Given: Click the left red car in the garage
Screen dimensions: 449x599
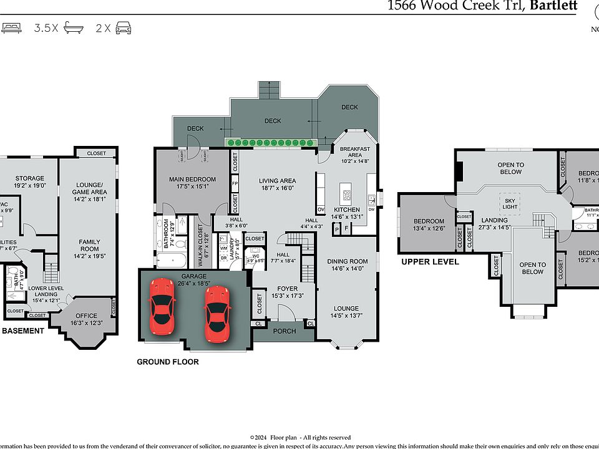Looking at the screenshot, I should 162,305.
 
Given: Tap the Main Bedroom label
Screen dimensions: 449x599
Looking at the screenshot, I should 192,180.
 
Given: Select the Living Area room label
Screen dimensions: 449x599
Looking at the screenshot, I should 277,181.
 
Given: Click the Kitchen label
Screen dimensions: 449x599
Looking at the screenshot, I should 347,210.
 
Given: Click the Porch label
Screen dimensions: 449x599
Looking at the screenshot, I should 285,331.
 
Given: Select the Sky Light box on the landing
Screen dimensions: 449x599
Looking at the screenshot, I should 510,203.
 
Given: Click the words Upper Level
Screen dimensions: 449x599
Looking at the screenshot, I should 430,262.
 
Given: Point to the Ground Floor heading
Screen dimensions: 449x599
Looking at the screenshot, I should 168,362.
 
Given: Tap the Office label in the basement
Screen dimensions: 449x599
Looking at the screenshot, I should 87,316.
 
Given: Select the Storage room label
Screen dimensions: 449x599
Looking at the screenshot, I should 30,178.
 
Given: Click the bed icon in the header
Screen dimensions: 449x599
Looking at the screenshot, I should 11,28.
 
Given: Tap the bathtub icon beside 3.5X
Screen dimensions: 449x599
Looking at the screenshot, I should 74,28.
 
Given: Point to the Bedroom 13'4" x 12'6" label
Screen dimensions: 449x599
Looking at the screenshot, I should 429,221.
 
